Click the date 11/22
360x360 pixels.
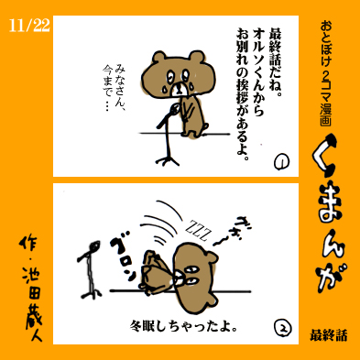(29, 26)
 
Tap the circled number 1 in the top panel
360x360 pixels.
(281, 162)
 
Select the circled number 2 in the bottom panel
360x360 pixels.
(283, 328)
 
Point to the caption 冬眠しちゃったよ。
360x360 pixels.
(184, 326)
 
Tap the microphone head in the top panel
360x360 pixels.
(175, 109)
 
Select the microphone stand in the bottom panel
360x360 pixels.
(89, 269)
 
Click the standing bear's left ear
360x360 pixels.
(159, 58)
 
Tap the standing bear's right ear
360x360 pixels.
(197, 57)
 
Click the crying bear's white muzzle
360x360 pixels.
(179, 89)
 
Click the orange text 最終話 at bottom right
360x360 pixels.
(329, 335)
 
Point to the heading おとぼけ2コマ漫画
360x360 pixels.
(326, 74)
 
